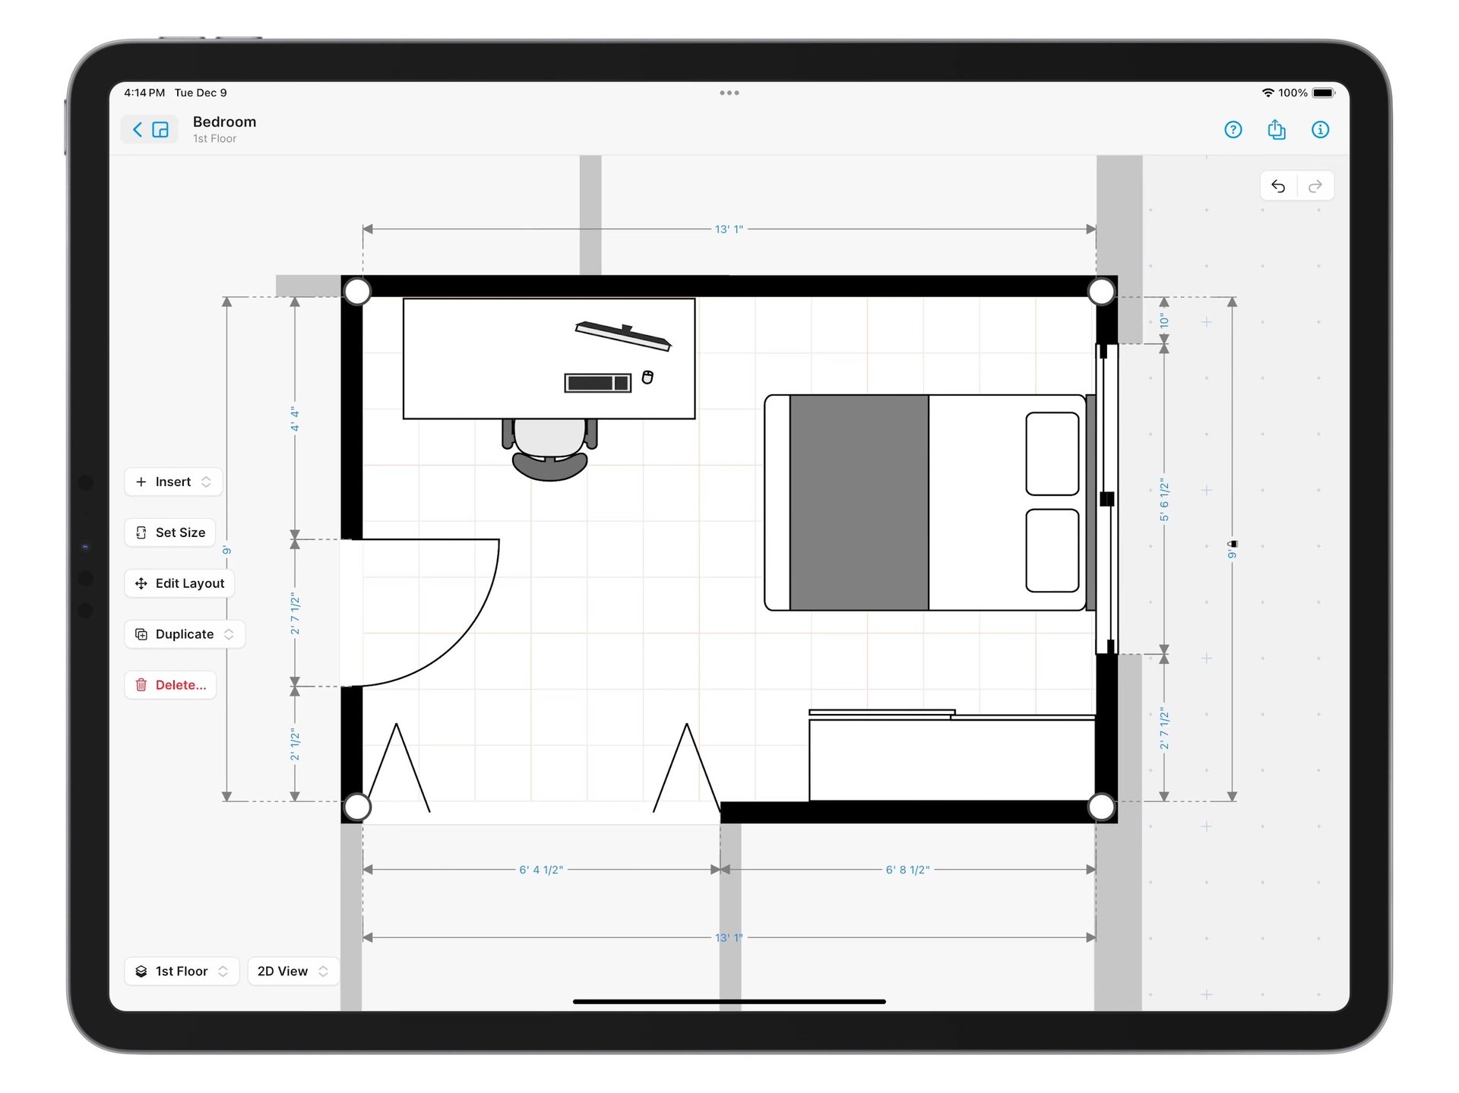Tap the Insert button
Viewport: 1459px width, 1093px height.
(172, 482)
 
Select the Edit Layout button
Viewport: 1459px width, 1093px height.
(180, 583)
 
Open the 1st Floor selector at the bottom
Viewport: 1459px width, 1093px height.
(182, 971)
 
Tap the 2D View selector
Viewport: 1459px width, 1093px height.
(293, 971)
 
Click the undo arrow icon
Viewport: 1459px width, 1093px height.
(1278, 186)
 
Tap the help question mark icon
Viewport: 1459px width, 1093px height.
(1233, 130)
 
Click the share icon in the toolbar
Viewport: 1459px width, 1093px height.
(1276, 130)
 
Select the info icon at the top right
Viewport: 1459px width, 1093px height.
(1320, 130)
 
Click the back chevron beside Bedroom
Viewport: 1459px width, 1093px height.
(138, 130)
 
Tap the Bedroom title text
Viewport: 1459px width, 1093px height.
(224, 122)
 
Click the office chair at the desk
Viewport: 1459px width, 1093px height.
(549, 448)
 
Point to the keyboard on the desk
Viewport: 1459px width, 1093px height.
(597, 383)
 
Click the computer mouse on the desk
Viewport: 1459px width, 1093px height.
(647, 377)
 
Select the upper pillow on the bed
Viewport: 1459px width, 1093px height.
(1052, 453)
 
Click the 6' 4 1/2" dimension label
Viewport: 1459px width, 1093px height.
(541, 870)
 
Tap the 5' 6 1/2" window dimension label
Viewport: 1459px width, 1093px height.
(1163, 500)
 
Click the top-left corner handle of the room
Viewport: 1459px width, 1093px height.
(357, 291)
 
